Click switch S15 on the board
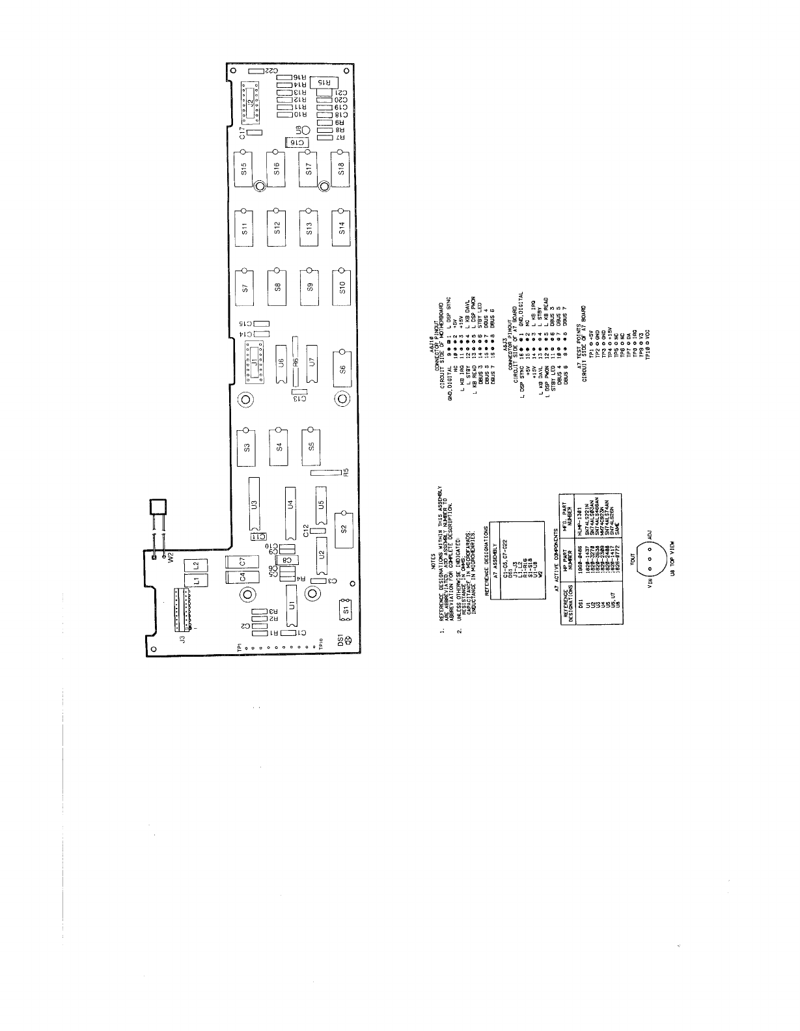[x=245, y=169]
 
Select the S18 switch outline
[x=342, y=169]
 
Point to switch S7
[x=245, y=286]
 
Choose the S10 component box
[x=342, y=286]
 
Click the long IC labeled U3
[x=254, y=504]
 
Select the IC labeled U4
[x=291, y=504]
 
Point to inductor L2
[x=192, y=563]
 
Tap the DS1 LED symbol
[x=348, y=640]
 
